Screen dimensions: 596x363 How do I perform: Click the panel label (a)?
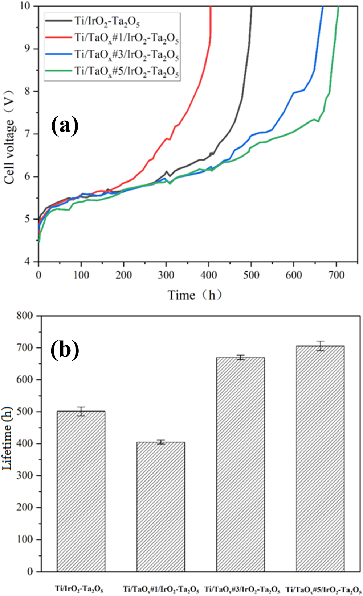[x=65, y=125]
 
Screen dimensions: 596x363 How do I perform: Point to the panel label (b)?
[x=65, y=350]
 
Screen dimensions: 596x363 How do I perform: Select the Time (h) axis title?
[x=195, y=295]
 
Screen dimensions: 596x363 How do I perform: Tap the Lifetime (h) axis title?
[x=7, y=439]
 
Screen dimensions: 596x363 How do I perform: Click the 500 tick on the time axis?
[x=251, y=275]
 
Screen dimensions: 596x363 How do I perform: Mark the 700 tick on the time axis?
[x=336, y=275]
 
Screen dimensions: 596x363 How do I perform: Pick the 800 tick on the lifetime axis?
[x=24, y=316]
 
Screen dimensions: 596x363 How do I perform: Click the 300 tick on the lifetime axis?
[x=24, y=476]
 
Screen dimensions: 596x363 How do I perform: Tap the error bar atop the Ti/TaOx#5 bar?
[x=320, y=346]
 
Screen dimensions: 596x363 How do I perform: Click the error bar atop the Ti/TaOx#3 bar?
[x=240, y=358]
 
